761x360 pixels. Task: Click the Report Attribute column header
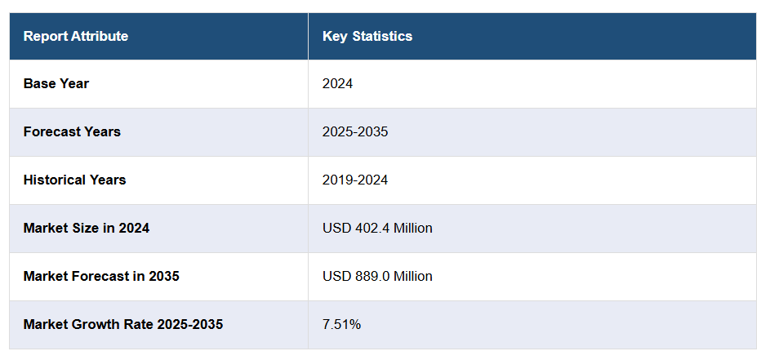75,36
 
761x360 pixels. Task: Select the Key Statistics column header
367,36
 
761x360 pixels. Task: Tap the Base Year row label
56,83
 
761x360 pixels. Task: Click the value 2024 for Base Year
338,83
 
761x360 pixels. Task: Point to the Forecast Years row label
72,131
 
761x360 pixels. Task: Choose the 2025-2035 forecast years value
355,131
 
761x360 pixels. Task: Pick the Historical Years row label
74,180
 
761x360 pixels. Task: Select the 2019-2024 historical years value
355,180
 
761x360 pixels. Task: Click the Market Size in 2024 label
87,228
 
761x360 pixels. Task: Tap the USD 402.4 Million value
377,228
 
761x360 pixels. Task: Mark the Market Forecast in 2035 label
101,276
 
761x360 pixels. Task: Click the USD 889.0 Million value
377,276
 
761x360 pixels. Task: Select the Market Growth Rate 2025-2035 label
123,324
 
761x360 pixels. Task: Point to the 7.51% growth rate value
341,324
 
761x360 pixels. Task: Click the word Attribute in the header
100,36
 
